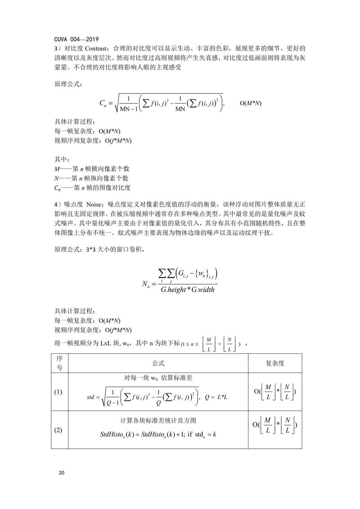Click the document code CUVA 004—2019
(76, 39)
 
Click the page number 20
(62, 473)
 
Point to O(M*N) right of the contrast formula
(250, 103)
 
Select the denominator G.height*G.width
(189, 289)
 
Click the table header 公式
(158, 363)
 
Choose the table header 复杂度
(275, 363)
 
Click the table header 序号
(58, 363)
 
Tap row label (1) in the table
(58, 392)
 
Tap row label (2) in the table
(58, 430)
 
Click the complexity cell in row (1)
(275, 392)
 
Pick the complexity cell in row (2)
(275, 425)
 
